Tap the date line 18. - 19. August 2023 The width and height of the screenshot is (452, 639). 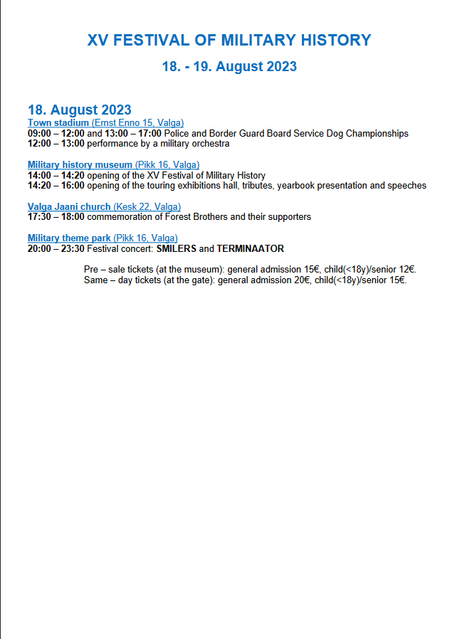click(x=229, y=67)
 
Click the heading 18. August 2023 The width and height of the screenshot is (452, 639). click(x=79, y=110)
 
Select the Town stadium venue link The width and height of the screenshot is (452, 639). click(x=58, y=123)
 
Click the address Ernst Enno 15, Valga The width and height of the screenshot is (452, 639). click(x=137, y=123)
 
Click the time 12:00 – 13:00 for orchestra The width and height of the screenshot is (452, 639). click(x=56, y=143)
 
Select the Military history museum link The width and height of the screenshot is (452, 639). click(x=80, y=165)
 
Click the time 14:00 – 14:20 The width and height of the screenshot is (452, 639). click(x=56, y=175)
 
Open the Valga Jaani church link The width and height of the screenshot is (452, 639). click(x=69, y=207)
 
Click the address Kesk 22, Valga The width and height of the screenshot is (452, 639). click(x=147, y=207)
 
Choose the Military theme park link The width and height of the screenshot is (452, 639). click(x=69, y=238)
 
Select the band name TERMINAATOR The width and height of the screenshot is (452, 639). click(x=251, y=248)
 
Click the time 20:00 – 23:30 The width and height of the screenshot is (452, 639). click(x=56, y=248)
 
